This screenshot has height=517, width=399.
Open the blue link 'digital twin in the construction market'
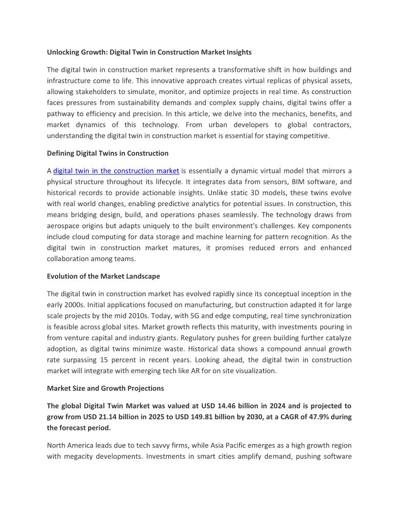(x=116, y=171)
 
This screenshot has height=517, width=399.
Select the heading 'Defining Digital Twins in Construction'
(x=108, y=153)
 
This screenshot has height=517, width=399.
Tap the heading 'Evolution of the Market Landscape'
(x=103, y=276)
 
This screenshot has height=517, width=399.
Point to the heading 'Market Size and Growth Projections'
(x=105, y=388)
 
